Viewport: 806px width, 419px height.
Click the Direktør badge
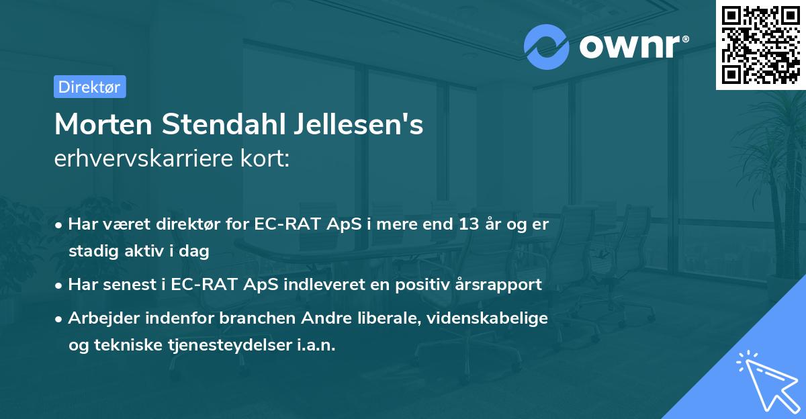(x=89, y=87)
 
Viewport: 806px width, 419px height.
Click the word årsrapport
(x=499, y=284)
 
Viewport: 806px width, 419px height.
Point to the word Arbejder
(x=99, y=318)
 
